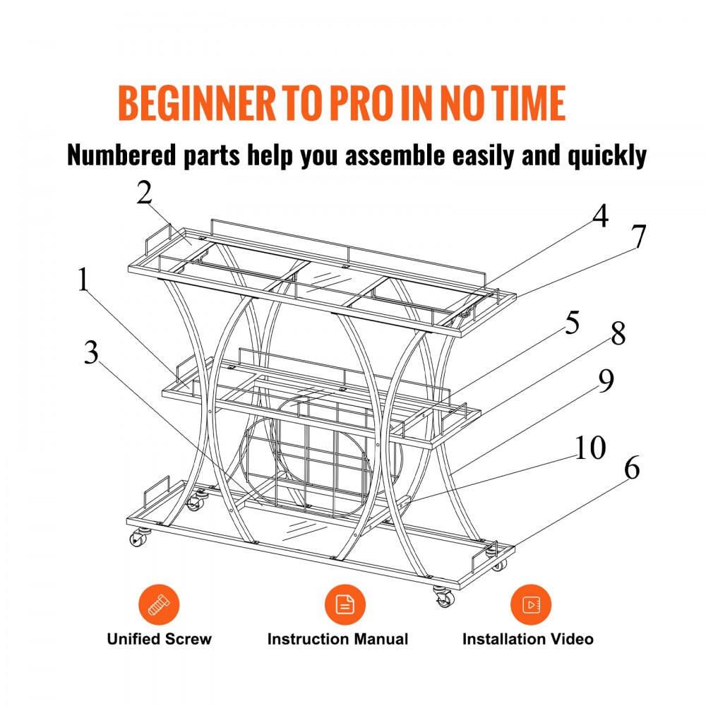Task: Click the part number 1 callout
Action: tap(83, 280)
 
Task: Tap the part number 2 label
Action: tap(145, 193)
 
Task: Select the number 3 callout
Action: tap(91, 352)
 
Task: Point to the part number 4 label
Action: tap(600, 215)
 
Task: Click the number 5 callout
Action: tap(573, 323)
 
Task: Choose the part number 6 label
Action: tap(632, 468)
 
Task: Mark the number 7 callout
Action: tap(638, 236)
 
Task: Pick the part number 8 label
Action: tap(618, 334)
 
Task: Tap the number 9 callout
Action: tap(606, 381)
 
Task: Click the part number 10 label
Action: tap(590, 448)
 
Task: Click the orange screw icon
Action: tap(159, 605)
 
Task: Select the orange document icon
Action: tap(345, 605)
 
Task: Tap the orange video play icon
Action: tap(531, 605)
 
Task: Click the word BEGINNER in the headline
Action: tap(197, 103)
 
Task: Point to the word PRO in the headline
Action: tap(361, 103)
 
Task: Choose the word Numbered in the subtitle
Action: tap(121, 155)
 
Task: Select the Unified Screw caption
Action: tap(159, 639)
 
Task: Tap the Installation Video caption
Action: tap(527, 639)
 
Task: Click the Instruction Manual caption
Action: tap(337, 639)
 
